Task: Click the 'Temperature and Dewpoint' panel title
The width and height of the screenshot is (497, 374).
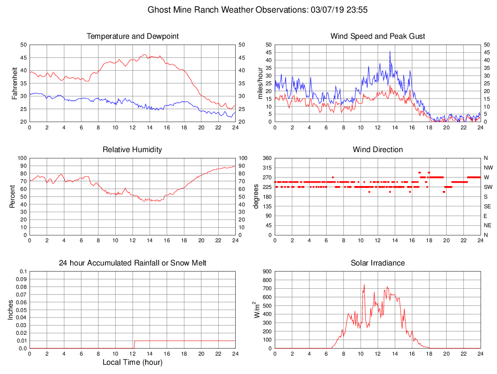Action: coord(133,36)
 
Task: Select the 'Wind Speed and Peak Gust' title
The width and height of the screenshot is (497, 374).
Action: coord(377,36)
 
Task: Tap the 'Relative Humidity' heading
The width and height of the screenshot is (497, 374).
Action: coord(133,150)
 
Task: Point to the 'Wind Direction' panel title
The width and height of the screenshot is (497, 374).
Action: coord(377,150)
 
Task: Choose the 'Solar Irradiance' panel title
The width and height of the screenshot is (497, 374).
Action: coord(377,263)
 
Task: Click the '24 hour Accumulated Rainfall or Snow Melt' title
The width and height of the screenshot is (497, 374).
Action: coord(133,263)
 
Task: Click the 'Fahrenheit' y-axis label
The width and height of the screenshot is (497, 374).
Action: coord(15,83)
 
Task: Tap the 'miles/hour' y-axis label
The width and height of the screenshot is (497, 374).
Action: coord(259,83)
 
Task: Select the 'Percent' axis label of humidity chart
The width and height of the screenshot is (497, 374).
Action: coord(12,196)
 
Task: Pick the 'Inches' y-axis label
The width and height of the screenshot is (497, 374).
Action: coord(11,310)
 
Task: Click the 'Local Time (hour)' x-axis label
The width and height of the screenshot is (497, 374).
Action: coord(133,362)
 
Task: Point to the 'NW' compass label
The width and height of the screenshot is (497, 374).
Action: coord(486,168)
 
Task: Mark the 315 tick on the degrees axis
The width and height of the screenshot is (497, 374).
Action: coord(267,168)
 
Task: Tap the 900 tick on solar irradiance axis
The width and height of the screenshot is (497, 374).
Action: coord(267,271)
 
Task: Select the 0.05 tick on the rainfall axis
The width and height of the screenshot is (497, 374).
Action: coord(21,310)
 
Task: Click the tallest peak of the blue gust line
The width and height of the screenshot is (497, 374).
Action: coord(390,51)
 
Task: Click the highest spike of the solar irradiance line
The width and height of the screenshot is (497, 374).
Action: coord(364,284)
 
